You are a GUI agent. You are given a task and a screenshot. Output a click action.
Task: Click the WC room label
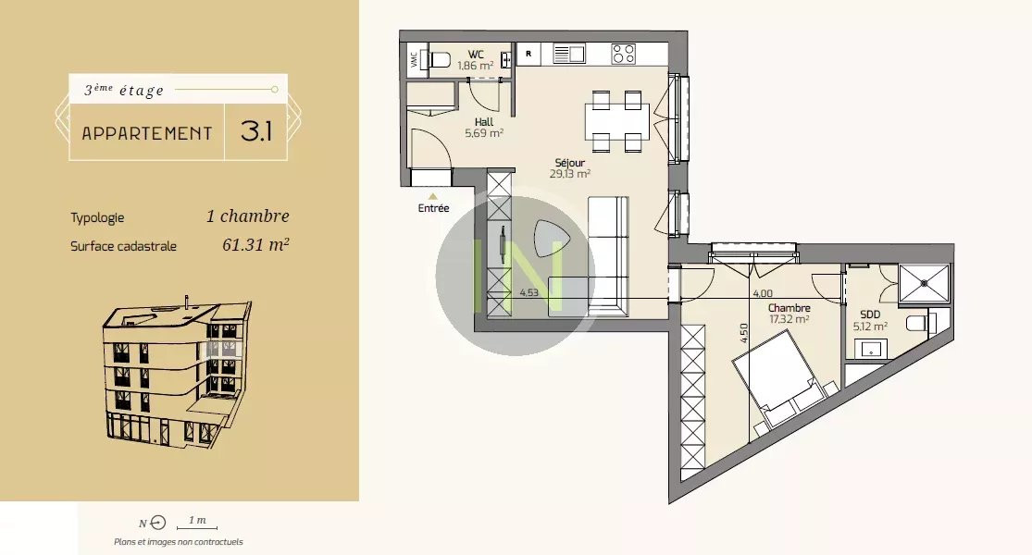point(476,55)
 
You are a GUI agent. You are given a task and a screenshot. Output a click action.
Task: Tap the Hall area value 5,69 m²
point(484,133)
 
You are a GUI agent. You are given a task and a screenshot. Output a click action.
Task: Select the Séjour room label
point(570,163)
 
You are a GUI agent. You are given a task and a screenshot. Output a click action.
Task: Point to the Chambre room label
point(790,308)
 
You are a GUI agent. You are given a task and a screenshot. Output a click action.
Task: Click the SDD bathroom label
point(870,314)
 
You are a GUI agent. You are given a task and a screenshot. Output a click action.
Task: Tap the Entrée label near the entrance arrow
point(434,208)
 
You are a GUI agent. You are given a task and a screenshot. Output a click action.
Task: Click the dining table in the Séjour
point(617,122)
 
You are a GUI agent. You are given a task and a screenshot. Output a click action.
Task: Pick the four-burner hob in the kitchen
point(624,54)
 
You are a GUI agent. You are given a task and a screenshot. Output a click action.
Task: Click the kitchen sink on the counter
point(569,54)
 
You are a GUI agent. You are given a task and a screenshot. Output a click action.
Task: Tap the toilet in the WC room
point(440,60)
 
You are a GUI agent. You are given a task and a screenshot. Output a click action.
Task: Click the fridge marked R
point(528,54)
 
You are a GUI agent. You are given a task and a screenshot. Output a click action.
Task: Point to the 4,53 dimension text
point(529,292)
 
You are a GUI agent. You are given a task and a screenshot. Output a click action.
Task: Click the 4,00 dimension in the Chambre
point(763,294)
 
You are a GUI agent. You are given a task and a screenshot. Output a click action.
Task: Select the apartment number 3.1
point(256,131)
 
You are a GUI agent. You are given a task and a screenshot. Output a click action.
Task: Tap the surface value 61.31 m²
point(256,244)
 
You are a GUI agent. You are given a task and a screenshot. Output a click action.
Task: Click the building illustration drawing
point(177,374)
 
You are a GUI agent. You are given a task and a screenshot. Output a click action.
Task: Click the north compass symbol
point(158,523)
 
